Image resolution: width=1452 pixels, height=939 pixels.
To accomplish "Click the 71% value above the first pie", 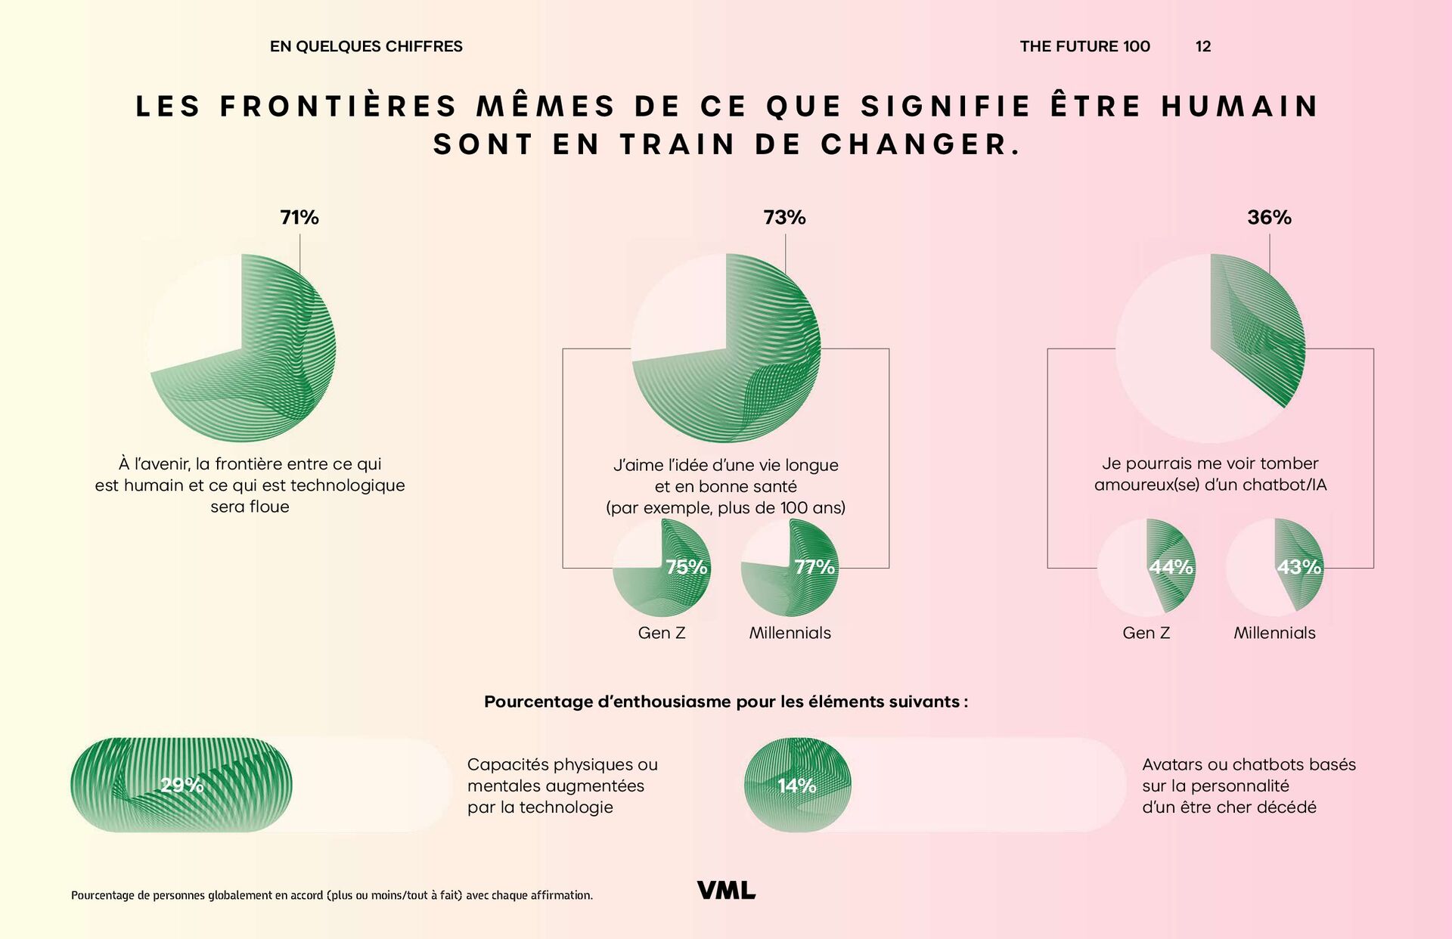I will (299, 218).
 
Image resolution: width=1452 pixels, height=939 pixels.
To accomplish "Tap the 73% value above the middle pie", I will (784, 218).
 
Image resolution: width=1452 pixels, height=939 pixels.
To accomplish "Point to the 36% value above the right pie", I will (1269, 218).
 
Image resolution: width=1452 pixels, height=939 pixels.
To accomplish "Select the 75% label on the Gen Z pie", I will (686, 567).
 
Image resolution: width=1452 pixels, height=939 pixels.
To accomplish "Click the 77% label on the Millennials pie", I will (814, 567).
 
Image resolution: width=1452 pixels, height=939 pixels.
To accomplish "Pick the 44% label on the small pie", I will (1171, 567).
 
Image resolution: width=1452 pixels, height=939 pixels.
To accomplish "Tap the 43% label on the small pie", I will (1299, 567).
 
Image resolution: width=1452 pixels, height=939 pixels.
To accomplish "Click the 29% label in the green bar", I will (182, 786).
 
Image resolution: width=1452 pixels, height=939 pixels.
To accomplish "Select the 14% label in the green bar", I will (797, 786).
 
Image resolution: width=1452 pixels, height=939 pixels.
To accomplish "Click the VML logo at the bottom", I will (726, 891).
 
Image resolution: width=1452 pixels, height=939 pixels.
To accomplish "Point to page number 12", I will (1203, 47).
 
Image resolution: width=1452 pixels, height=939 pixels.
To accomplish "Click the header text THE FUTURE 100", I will (1084, 47).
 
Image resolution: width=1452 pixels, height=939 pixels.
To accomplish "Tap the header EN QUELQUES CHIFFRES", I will (366, 47).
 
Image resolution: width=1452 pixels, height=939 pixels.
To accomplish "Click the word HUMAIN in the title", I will (1240, 107).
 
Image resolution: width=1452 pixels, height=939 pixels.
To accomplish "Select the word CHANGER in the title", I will (920, 144).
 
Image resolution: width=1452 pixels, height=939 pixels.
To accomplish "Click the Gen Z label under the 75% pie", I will (662, 634).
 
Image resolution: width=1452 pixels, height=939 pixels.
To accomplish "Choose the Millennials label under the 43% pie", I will (1274, 634).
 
